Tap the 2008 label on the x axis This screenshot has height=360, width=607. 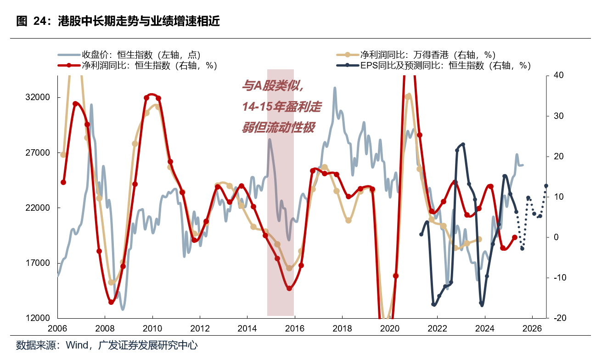[105, 329]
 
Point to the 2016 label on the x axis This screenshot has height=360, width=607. [294, 329]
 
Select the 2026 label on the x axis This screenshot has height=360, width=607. [532, 329]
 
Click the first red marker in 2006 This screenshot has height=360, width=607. [63, 182]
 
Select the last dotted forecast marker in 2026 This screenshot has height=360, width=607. [546, 186]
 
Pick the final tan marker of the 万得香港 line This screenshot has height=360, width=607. [479, 239]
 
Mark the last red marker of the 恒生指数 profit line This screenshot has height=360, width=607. [515, 237]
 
